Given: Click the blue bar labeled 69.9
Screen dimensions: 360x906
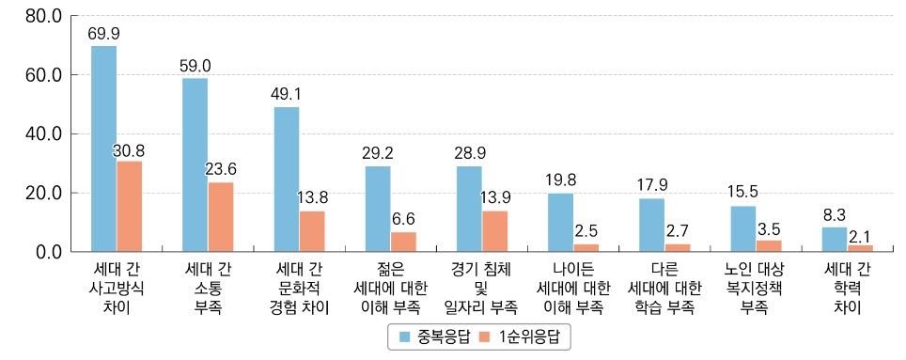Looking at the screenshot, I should point(103,149).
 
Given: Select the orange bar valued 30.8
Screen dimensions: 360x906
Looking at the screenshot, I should point(129,206).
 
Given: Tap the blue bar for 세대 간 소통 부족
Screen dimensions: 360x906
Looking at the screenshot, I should point(195,164).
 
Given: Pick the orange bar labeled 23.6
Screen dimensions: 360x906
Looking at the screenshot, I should point(220,217).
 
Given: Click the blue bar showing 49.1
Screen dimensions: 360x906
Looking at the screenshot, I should point(287,180).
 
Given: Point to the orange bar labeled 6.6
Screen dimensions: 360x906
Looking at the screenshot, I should point(403,242).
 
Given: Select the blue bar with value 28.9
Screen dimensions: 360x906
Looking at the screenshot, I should point(469,209).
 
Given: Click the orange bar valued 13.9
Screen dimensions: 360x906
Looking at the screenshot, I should point(494,231).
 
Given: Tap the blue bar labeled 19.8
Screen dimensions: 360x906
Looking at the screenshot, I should point(560,222).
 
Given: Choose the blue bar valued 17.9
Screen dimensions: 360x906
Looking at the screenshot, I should point(651,225).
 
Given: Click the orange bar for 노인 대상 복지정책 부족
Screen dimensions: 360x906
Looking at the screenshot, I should point(769,246).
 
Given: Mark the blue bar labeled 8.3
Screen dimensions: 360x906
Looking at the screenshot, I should point(834,239).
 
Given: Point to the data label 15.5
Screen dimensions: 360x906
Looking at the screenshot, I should point(743,192).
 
